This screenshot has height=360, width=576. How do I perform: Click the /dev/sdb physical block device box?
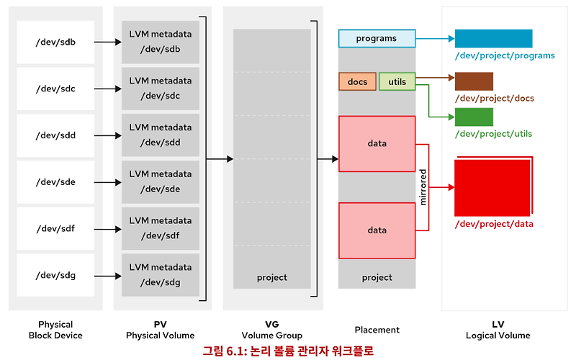click(x=55, y=42)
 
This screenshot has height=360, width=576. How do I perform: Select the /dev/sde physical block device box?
click(x=55, y=182)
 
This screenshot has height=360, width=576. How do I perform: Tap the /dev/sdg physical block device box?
click(x=55, y=275)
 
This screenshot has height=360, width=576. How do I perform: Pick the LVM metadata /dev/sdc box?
click(x=161, y=89)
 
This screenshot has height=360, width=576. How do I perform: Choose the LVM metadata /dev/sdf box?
click(x=161, y=228)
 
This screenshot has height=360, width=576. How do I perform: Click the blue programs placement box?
click(x=377, y=38)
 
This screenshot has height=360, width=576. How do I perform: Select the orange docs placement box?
click(x=357, y=82)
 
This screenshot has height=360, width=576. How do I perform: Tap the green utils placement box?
click(x=397, y=82)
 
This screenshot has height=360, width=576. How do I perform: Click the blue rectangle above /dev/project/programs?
click(x=493, y=39)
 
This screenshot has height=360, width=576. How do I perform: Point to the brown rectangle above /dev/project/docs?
click(x=474, y=81)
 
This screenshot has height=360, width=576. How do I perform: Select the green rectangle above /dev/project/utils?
click(x=474, y=117)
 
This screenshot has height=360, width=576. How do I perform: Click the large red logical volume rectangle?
click(x=492, y=188)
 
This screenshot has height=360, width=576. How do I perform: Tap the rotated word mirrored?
click(x=423, y=187)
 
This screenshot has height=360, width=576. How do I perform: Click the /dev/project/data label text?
click(x=494, y=224)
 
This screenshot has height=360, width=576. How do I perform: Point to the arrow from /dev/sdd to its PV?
click(x=107, y=135)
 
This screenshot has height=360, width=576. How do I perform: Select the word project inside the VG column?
click(x=271, y=277)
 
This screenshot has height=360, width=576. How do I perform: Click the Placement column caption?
click(x=377, y=330)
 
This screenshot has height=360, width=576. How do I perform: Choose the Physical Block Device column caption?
click(x=55, y=330)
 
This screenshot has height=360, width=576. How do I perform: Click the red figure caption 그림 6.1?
click(x=288, y=351)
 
